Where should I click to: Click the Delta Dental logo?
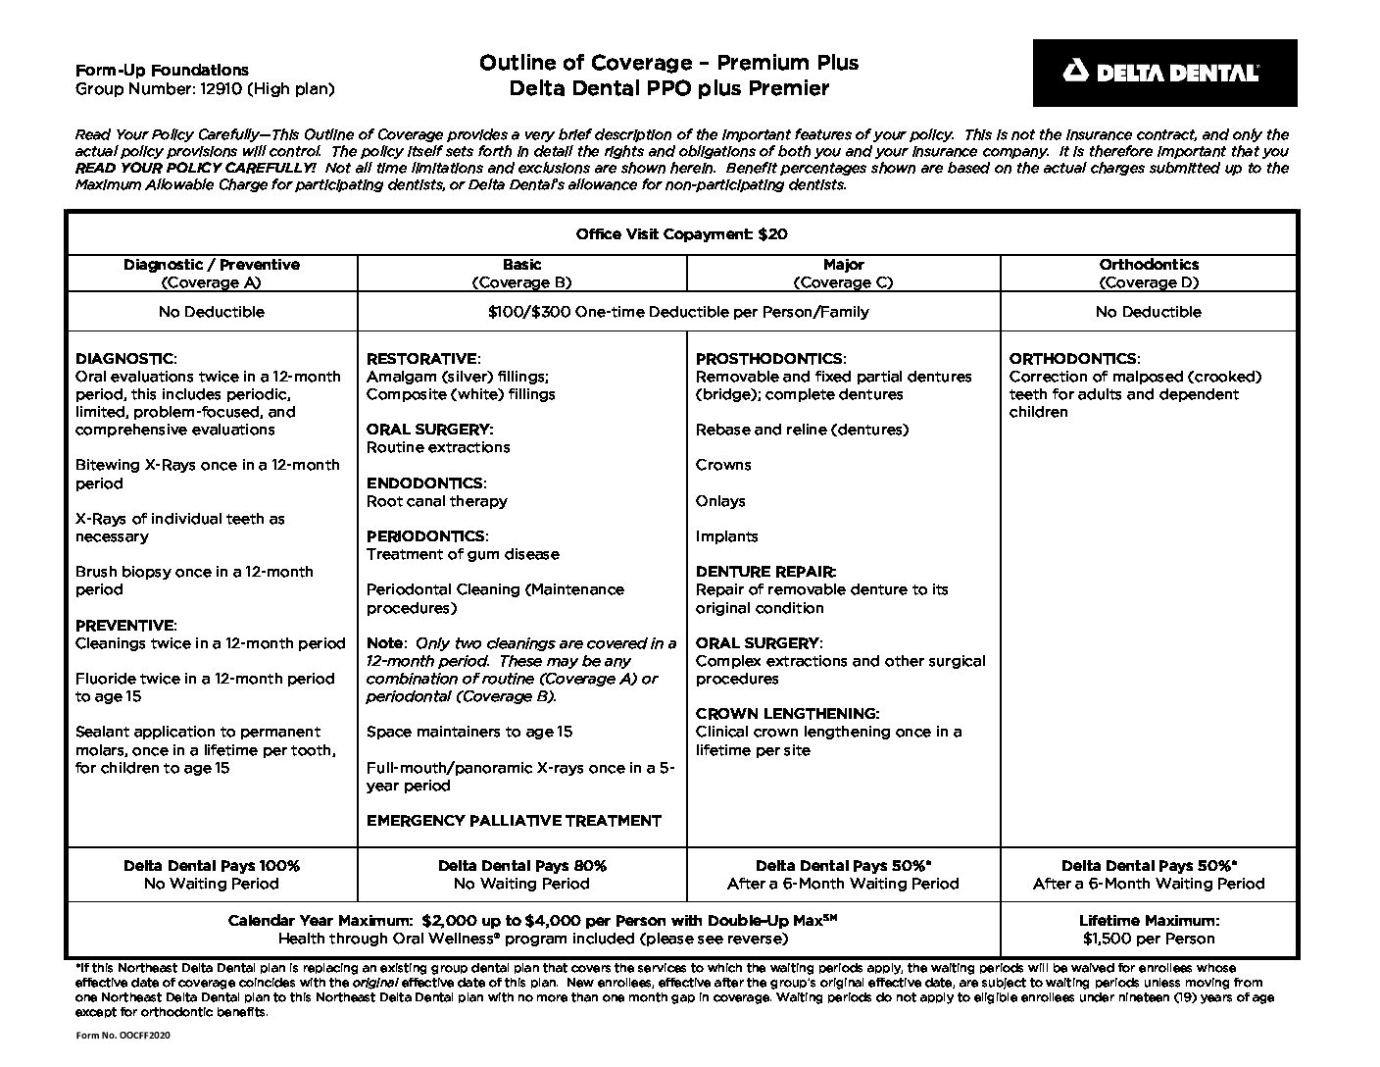click(1163, 73)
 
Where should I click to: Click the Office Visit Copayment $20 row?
click(681, 234)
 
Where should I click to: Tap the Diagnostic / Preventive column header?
click(212, 273)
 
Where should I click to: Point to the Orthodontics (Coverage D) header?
click(1148, 273)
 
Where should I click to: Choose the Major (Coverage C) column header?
click(843, 273)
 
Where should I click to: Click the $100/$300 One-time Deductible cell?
click(678, 312)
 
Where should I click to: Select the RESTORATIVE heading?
click(421, 359)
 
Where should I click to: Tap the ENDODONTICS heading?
click(424, 483)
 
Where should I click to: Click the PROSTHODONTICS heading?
click(769, 359)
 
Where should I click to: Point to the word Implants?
click(726, 536)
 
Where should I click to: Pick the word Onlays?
click(720, 501)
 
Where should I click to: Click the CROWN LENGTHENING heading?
click(787, 714)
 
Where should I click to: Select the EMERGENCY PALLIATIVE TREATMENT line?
click(514, 821)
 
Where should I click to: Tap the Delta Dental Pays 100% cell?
click(212, 875)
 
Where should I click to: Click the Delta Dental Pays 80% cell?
click(521, 875)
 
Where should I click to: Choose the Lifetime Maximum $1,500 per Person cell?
click(1149, 930)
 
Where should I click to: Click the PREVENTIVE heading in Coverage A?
click(125, 626)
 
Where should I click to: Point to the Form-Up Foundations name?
click(162, 71)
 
